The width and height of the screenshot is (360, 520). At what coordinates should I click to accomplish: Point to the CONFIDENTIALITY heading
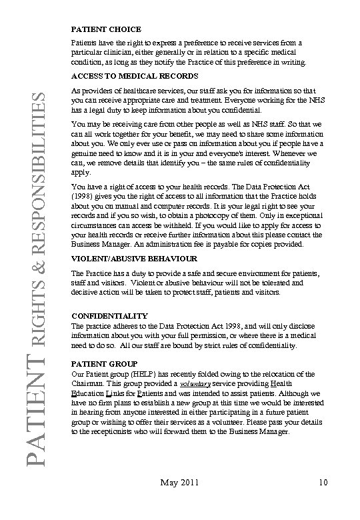click(109, 315)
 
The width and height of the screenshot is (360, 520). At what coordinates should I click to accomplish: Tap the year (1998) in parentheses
click(85, 197)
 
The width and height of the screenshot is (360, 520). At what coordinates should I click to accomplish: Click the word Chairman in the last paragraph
click(89, 385)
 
